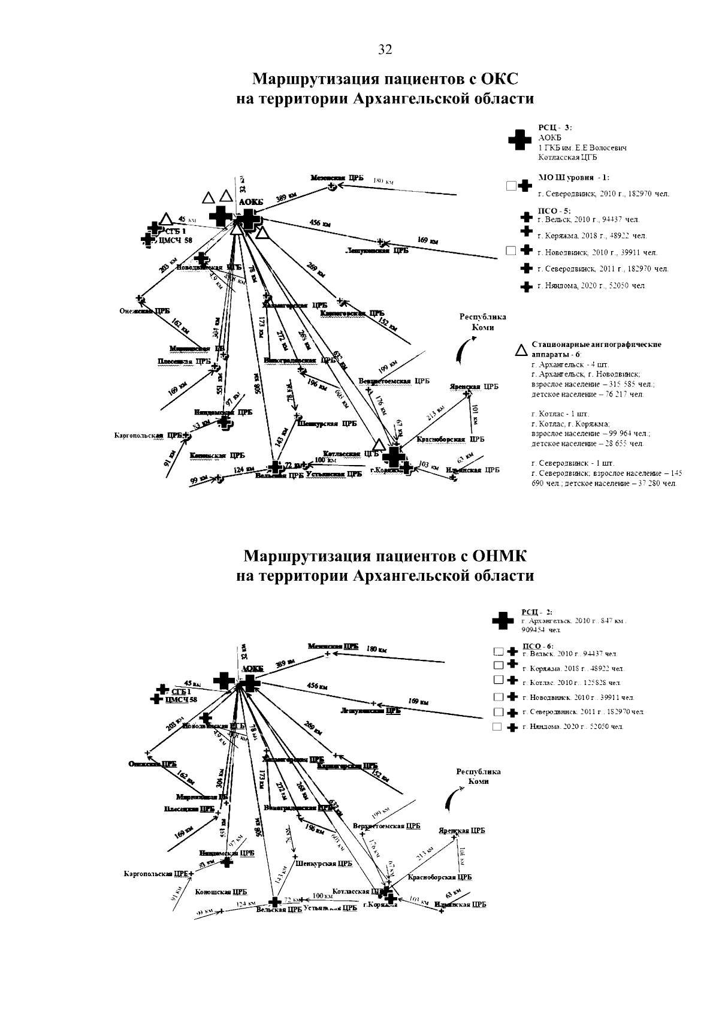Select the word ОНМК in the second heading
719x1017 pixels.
coord(499,557)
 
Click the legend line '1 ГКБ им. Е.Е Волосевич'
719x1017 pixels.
coord(582,147)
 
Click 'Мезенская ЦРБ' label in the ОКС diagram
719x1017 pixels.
coord(337,178)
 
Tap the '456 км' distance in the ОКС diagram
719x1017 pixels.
coord(319,223)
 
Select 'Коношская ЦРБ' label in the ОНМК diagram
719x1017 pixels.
coord(221,892)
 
